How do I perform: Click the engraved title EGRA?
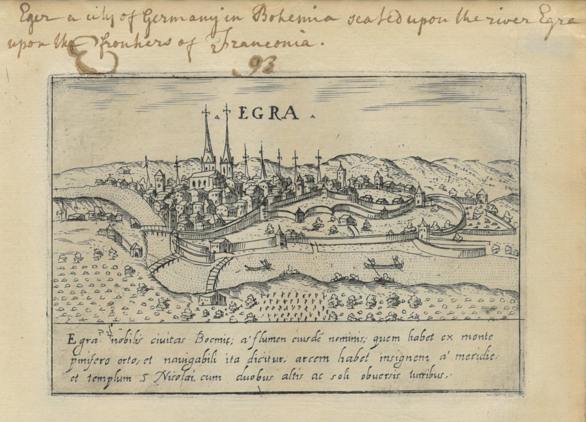(x=269, y=114)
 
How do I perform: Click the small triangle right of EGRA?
(x=312, y=116)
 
